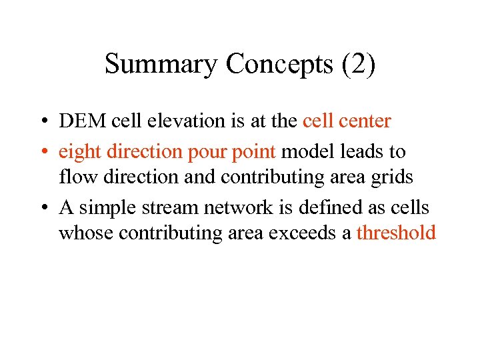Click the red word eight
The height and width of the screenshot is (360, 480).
click(78, 153)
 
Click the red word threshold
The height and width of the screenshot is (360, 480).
click(396, 233)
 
